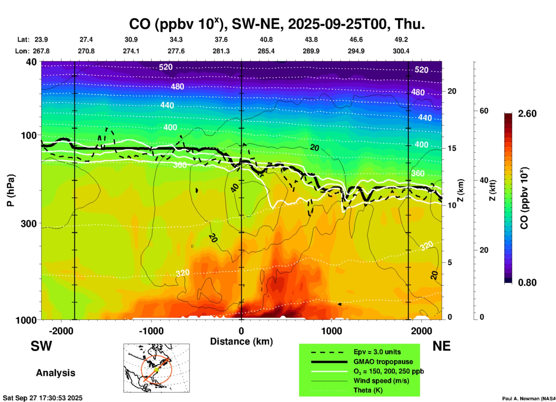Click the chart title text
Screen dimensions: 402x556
(277, 24)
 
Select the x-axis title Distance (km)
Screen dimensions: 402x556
(241, 342)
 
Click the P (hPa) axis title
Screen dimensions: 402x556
(11, 190)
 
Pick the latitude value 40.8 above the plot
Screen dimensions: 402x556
(266, 40)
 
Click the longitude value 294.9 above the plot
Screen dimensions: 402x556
(356, 51)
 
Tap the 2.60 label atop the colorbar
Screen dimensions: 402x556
(527, 114)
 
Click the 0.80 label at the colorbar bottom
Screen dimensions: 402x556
(527, 283)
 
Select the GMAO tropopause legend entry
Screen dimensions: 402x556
(383, 362)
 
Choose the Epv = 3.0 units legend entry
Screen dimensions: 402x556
(377, 352)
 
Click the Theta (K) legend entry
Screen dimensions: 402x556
(368, 390)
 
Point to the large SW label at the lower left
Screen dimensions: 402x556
(41, 346)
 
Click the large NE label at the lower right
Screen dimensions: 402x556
(441, 346)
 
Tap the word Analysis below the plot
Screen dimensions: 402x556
(55, 373)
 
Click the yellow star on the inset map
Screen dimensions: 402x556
(156, 369)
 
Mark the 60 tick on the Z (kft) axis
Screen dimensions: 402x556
(484, 111)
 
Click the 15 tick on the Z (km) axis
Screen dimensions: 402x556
(451, 148)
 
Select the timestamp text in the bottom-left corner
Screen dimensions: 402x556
(43, 398)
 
